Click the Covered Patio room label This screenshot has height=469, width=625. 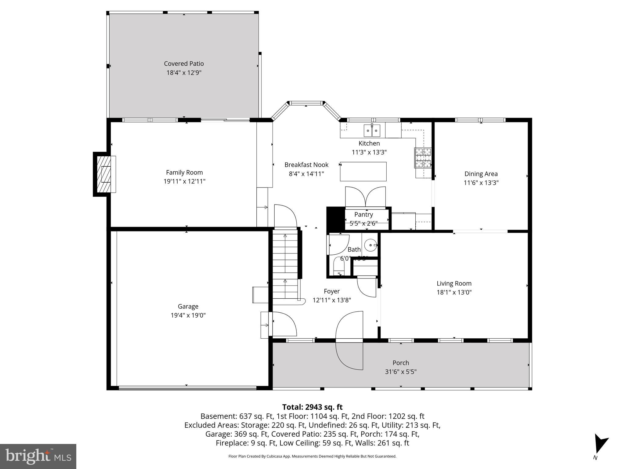pyautogui.click(x=184, y=64)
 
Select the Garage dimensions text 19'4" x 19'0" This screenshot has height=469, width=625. pyautogui.click(x=188, y=315)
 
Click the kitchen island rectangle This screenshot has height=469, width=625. pyautogui.click(x=363, y=172)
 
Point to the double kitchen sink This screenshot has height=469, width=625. pyautogui.click(x=372, y=131)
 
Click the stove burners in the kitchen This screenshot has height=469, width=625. pyautogui.click(x=423, y=158)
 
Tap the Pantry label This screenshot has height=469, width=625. pyautogui.click(x=363, y=214)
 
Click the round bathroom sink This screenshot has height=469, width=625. pyautogui.click(x=370, y=245)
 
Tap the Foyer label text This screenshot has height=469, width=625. pyautogui.click(x=331, y=291)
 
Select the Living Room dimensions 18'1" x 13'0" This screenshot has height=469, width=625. pyautogui.click(x=454, y=292)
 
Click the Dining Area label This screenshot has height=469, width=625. pyautogui.click(x=481, y=174)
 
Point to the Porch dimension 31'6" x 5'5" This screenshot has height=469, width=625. pyautogui.click(x=400, y=372)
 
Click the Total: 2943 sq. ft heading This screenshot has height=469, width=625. pyautogui.click(x=312, y=407)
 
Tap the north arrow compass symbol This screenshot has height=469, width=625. pyautogui.click(x=600, y=444)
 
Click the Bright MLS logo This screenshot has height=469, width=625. pyautogui.click(x=38, y=456)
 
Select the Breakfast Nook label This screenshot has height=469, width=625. pyautogui.click(x=306, y=165)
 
